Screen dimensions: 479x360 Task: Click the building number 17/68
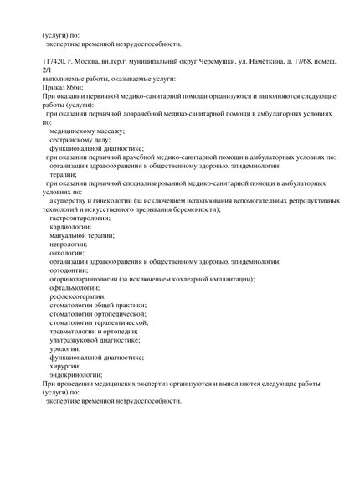pyautogui.click(x=318, y=62)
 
